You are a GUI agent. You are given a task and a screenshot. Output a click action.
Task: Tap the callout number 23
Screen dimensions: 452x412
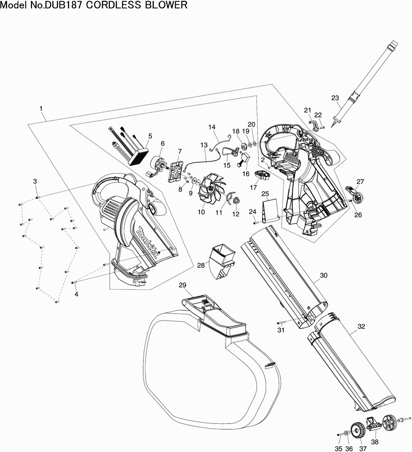[335, 98]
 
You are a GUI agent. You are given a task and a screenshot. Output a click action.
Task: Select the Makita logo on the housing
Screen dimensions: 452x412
[147, 243]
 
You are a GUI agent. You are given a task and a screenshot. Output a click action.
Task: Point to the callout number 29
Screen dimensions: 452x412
[182, 285]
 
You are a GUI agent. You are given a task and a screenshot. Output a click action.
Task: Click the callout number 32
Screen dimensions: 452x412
[362, 326]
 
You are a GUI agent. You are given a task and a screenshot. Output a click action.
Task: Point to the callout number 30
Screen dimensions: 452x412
[324, 275]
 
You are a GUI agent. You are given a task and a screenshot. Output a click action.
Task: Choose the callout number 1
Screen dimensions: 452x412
[41, 109]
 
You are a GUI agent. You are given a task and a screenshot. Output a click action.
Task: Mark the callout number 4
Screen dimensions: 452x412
[76, 294]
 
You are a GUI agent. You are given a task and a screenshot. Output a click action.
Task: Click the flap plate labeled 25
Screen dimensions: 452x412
[271, 210]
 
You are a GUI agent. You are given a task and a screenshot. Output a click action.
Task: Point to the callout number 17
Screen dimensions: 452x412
[254, 187]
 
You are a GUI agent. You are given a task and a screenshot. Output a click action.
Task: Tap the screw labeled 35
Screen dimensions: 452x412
[339, 434]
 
